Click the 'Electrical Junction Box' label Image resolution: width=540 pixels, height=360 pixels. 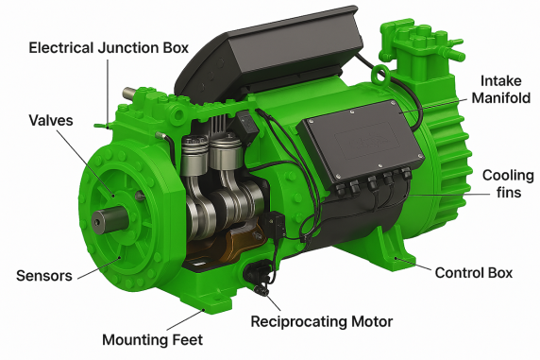[109, 48]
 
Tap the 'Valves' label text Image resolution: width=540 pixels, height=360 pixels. [51, 120]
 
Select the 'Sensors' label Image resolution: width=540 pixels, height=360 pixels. [44, 276]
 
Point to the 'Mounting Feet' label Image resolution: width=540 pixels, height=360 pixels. [153, 340]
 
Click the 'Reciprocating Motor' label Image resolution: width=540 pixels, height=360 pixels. [322, 321]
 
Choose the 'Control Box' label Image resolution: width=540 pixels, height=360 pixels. [474, 273]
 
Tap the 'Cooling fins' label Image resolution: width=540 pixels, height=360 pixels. [508, 184]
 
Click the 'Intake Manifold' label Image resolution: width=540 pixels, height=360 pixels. [500, 90]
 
